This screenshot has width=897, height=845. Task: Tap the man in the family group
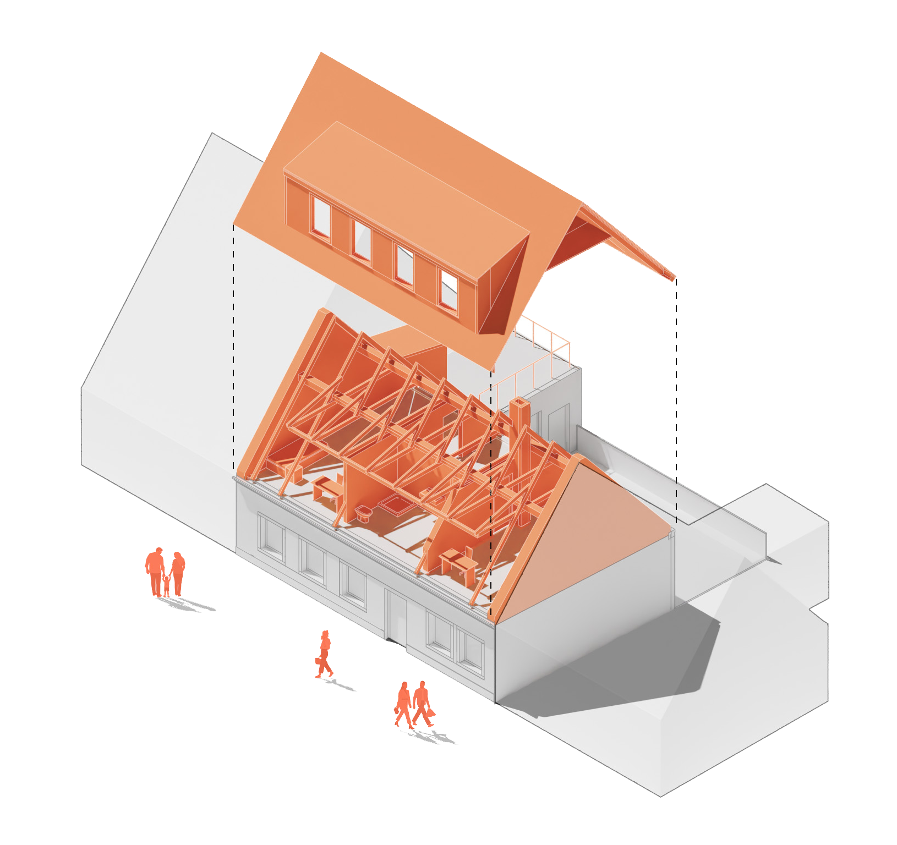tap(155, 569)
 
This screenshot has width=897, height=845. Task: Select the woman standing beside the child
tap(178, 572)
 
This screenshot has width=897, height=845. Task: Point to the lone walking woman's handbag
tap(319, 660)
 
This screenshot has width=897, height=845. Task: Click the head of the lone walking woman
tap(326, 634)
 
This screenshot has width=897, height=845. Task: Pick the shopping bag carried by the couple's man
tap(430, 712)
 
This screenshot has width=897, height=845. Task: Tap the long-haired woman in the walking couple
tap(403, 704)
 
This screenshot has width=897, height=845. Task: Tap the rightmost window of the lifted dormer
tap(449, 289)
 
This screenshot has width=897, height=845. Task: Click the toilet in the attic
tap(363, 514)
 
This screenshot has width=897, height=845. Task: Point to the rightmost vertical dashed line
tap(676, 396)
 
